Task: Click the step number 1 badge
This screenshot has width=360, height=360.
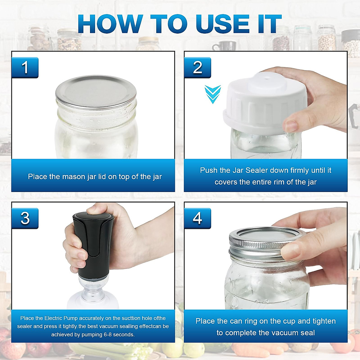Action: click(25, 67)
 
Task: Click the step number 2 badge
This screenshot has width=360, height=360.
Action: click(197, 67)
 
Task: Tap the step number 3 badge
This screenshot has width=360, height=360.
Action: click(25, 218)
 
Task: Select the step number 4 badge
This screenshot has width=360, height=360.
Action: click(197, 218)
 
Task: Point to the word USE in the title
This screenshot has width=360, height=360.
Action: click(223, 24)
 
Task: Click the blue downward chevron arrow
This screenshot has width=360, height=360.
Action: click(213, 94)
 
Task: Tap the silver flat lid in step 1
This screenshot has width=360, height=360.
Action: click(96, 92)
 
